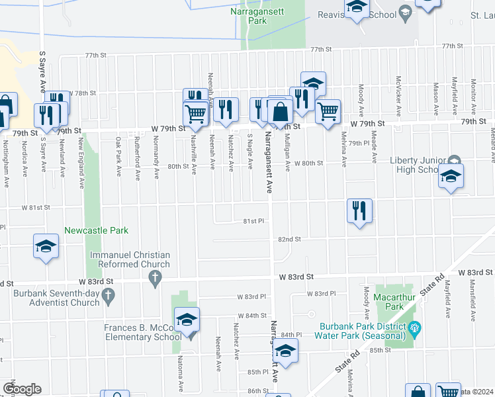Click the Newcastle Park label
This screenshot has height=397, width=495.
(x=96, y=230)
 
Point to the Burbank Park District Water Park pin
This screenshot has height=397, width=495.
(x=414, y=327)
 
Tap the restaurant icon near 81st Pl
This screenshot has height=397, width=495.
(x=359, y=211)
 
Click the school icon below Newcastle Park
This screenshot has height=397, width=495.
(x=46, y=247)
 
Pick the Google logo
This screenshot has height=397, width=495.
(x=22, y=389)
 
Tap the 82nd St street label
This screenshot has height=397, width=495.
(x=289, y=239)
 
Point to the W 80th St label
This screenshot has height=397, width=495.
(x=308, y=163)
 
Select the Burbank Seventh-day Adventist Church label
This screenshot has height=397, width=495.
(x=50, y=298)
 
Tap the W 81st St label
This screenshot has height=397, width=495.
(x=36, y=207)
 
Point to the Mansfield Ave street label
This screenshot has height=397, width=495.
(x=474, y=307)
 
